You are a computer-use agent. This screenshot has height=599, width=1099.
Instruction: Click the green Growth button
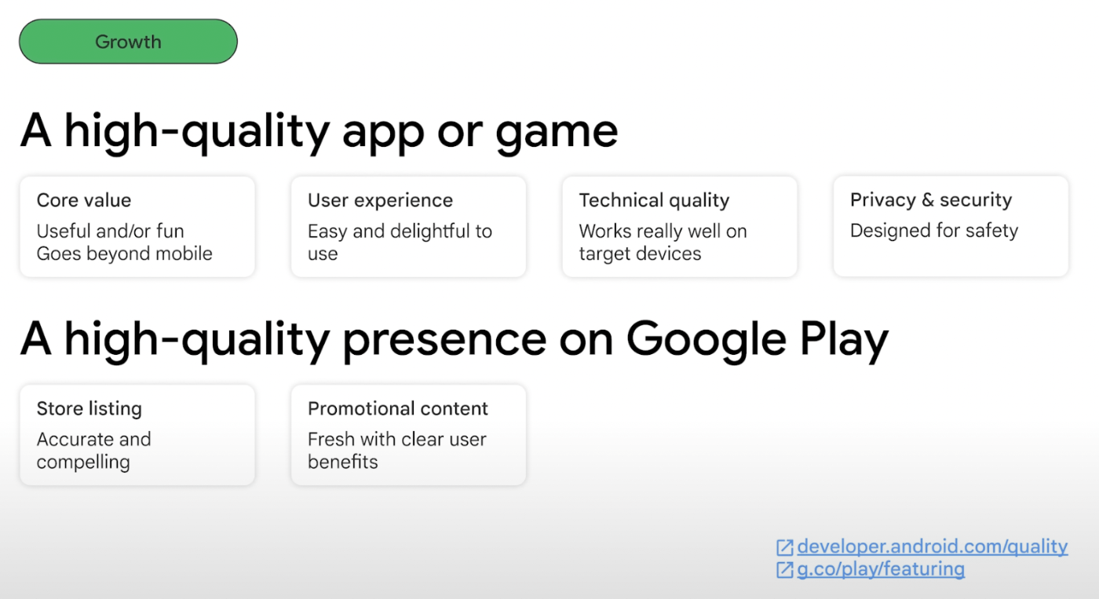click(x=128, y=41)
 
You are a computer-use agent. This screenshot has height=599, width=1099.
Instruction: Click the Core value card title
click(x=84, y=200)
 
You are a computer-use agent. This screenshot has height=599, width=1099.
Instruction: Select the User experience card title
click(x=380, y=200)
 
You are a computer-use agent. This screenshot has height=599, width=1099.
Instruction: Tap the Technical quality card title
click(x=654, y=200)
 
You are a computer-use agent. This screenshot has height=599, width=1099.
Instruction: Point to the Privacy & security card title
click(x=931, y=199)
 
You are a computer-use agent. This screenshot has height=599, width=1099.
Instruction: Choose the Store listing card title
click(x=89, y=408)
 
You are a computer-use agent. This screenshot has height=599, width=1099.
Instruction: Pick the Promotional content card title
click(x=398, y=408)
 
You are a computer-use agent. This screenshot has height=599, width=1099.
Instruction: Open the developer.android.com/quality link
click(x=933, y=546)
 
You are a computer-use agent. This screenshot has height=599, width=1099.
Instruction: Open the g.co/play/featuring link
click(x=881, y=569)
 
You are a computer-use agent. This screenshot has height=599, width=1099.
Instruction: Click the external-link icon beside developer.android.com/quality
click(x=784, y=547)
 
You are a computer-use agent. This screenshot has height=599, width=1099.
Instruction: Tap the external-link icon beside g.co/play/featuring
click(x=784, y=570)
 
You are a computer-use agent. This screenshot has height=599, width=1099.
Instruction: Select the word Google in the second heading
click(x=706, y=340)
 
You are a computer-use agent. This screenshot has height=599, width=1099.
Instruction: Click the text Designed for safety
click(x=933, y=230)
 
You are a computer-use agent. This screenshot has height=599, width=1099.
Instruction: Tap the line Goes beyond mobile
click(x=124, y=253)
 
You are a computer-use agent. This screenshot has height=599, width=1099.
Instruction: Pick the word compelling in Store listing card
click(x=83, y=462)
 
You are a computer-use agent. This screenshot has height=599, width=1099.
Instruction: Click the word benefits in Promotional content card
click(x=342, y=462)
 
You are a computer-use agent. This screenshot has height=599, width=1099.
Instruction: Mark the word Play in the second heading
click(x=844, y=340)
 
